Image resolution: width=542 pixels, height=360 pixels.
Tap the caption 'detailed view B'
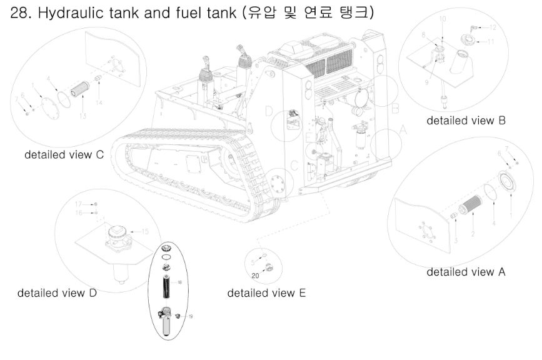466,121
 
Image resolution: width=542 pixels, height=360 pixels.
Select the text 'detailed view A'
466,272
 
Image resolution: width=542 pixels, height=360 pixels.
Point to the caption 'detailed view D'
57,292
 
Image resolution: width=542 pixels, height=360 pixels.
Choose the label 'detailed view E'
266,292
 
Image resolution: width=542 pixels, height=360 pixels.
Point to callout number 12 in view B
493,27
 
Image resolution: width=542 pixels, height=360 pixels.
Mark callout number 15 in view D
145,231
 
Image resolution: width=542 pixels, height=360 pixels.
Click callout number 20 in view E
256,276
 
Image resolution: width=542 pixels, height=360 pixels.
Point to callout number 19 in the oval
191,316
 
